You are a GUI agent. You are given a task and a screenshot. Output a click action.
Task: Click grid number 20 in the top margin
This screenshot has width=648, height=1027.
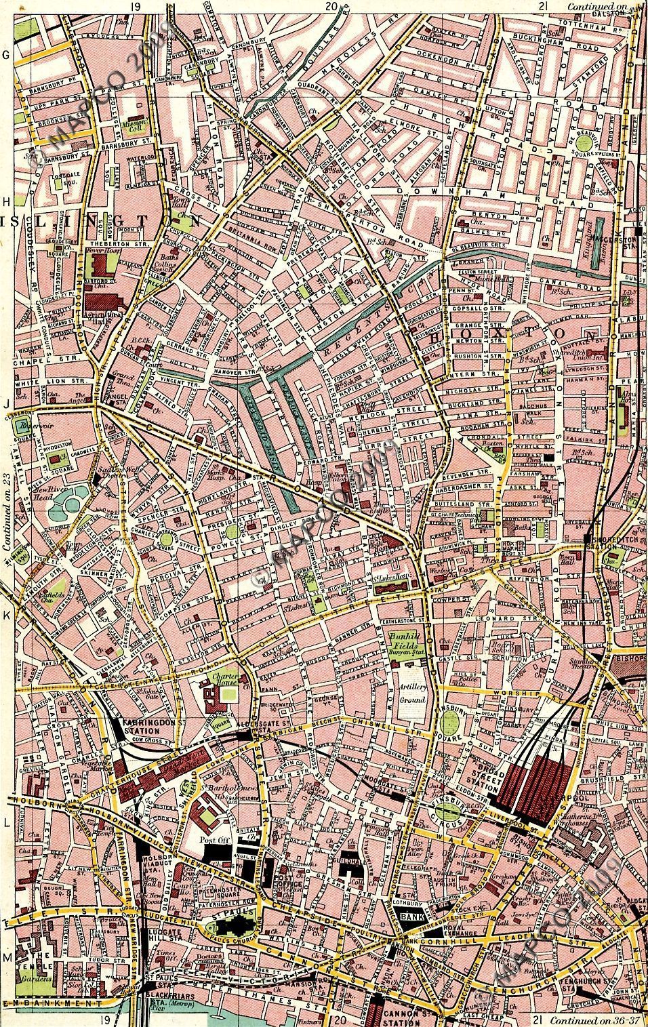tap(331, 6)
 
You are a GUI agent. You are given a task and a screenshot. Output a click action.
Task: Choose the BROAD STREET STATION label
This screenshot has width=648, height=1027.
tap(481, 778)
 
